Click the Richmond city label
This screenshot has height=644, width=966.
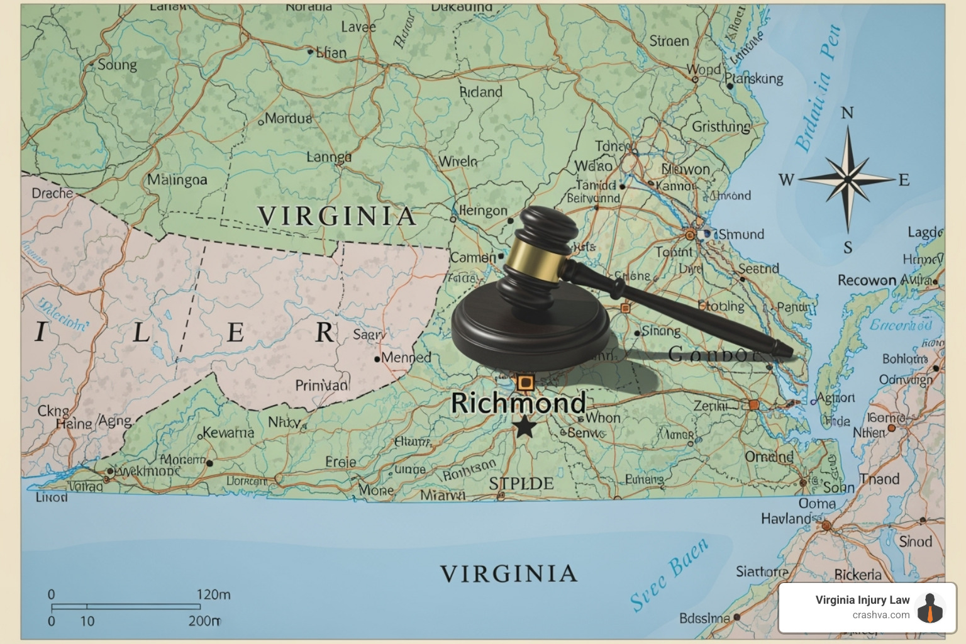click(x=518, y=403)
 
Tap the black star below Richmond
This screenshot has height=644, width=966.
click(x=525, y=428)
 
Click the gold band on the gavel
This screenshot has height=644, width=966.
click(x=534, y=260)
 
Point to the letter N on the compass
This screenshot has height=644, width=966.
click(x=847, y=113)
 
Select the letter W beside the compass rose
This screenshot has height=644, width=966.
click(x=786, y=180)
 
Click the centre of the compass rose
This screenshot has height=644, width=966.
click(x=847, y=179)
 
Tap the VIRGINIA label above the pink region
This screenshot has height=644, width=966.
click(x=337, y=216)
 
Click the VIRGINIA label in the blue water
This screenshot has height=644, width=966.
click(x=508, y=574)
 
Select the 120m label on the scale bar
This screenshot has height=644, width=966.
click(x=213, y=594)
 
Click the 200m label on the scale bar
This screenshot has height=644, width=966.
click(x=204, y=621)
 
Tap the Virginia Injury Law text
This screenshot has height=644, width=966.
click(x=862, y=600)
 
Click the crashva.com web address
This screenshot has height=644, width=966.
click(x=880, y=615)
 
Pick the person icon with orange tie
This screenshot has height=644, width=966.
click(x=930, y=608)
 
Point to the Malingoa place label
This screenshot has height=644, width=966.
click(x=177, y=180)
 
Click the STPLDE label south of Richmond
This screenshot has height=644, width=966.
click(x=521, y=484)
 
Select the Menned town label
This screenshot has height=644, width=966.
click(x=406, y=357)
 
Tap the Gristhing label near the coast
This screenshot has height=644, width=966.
click(x=721, y=126)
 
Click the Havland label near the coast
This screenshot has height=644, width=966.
click(x=786, y=519)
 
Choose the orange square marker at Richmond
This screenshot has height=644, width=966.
click(x=525, y=382)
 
